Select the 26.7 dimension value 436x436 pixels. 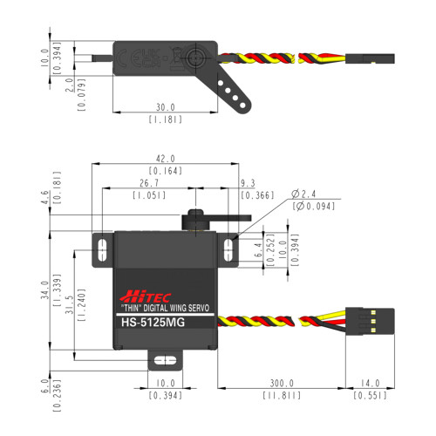148,184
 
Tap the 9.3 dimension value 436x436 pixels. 248,184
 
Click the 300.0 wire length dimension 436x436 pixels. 282,383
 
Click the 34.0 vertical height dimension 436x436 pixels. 58,289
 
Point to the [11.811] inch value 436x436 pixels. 282,396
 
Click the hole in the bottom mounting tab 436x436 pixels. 160,359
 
